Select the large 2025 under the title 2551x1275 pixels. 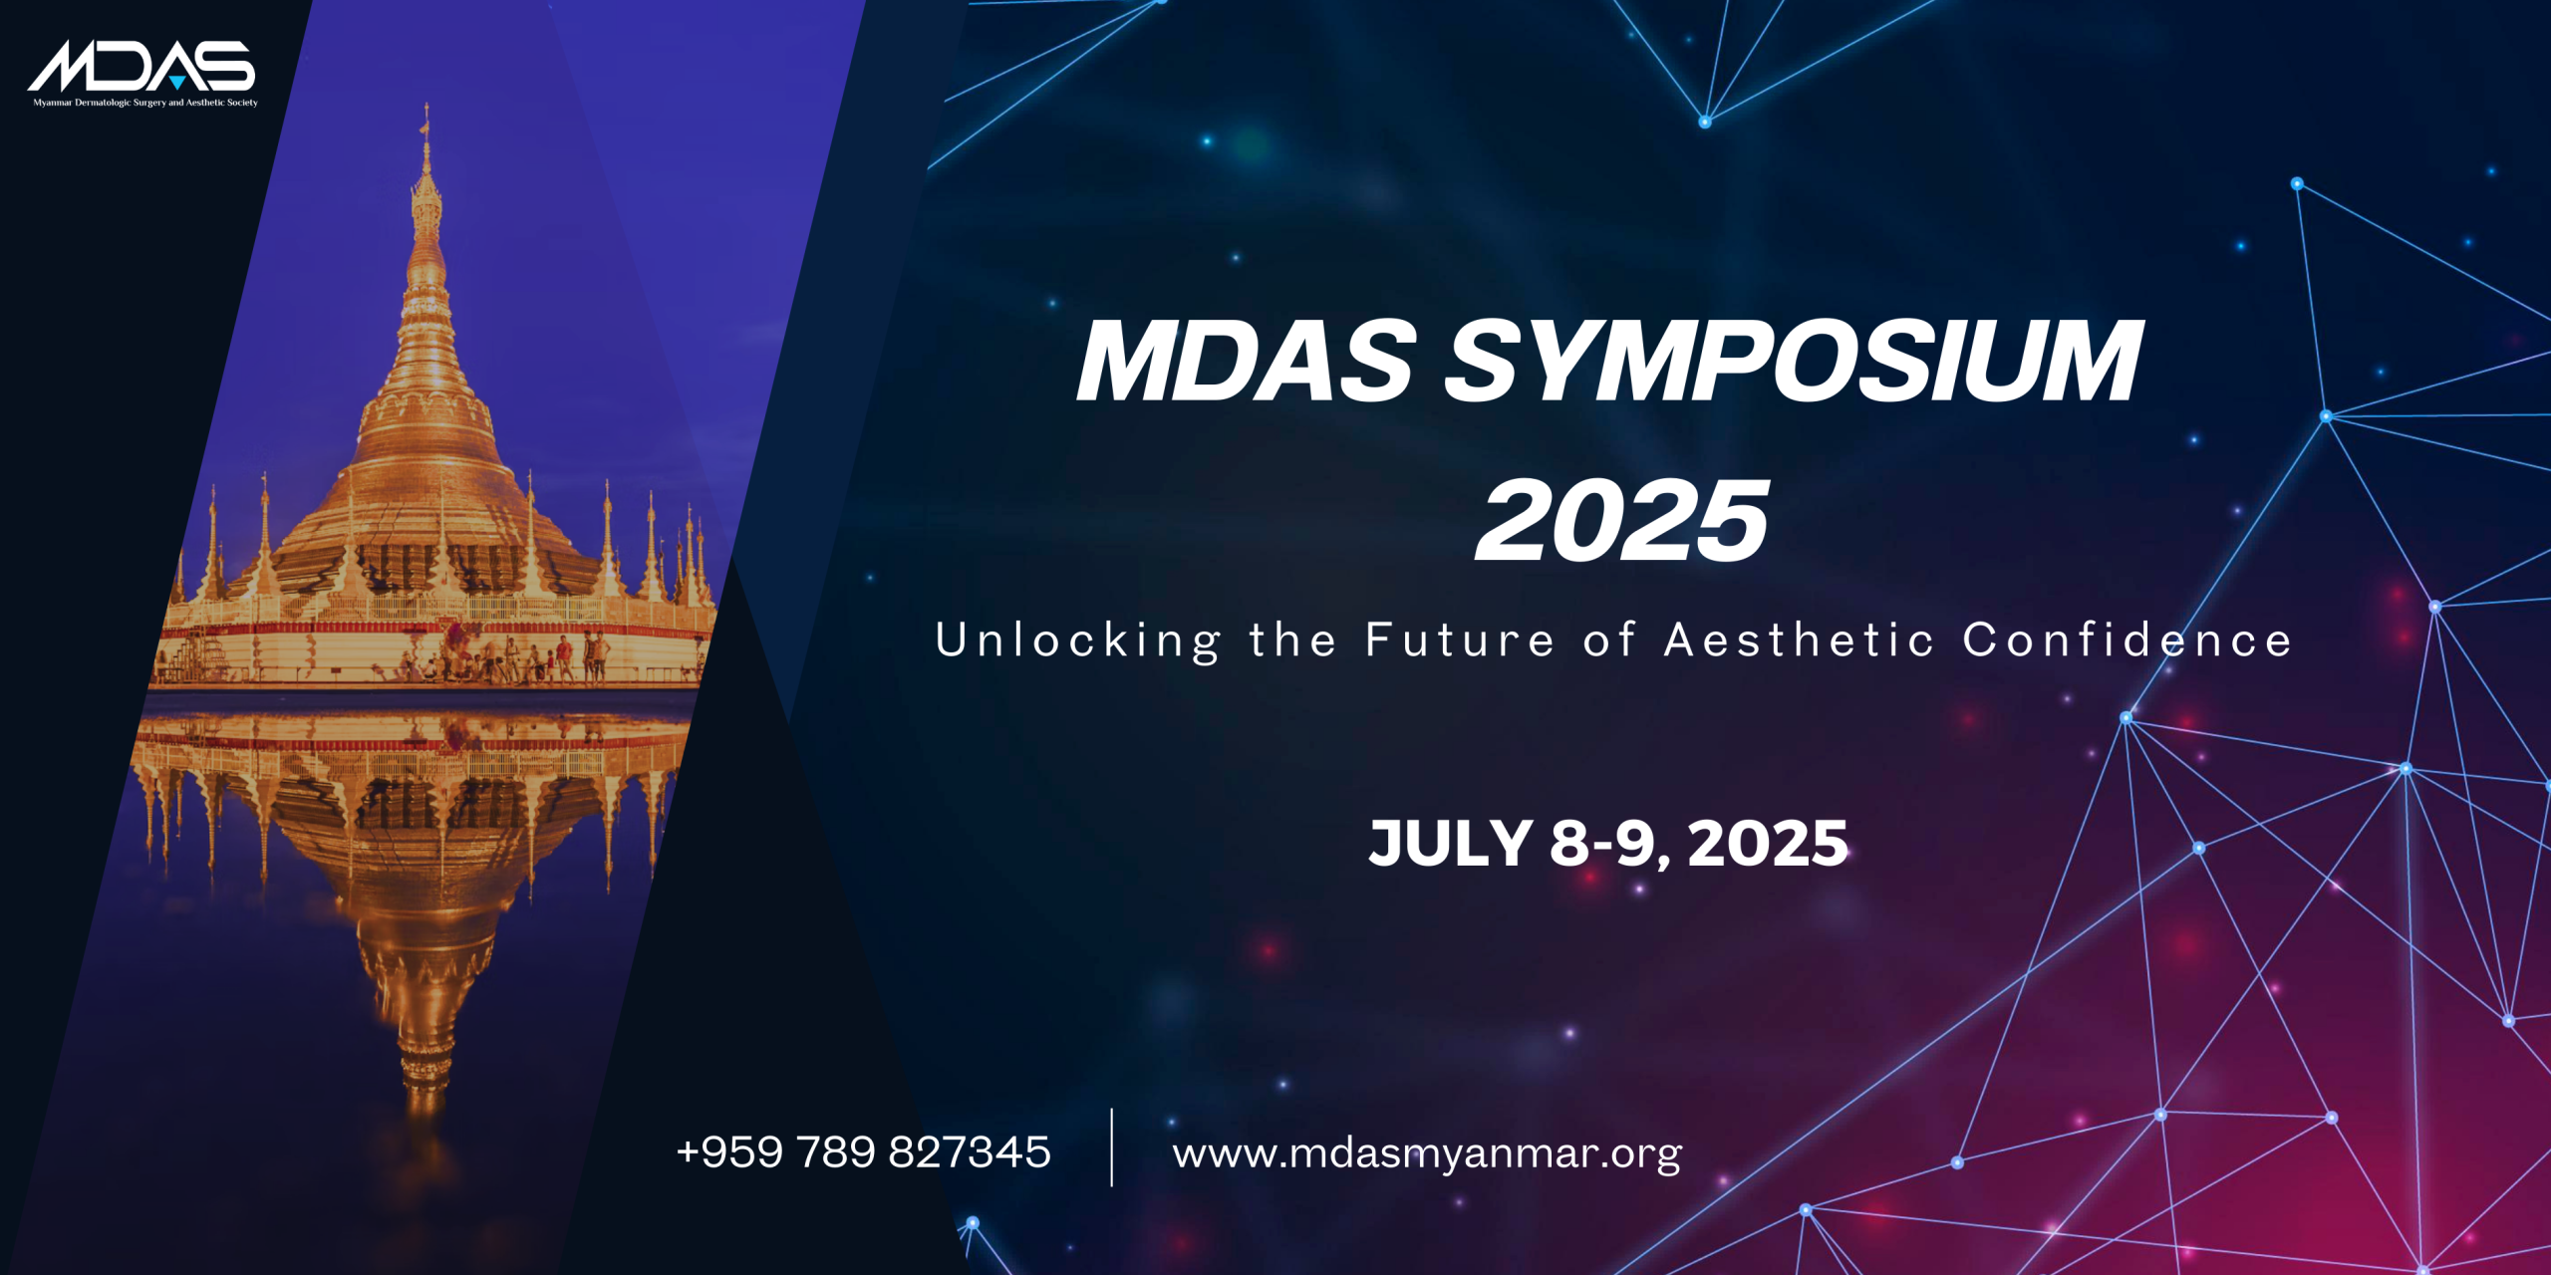[x=1622, y=520]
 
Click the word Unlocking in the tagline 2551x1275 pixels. [x=1077, y=640]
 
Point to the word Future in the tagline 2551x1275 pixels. [x=1460, y=639]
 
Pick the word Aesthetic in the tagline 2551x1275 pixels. [x=1799, y=639]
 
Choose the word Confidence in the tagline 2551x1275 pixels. [x=2127, y=639]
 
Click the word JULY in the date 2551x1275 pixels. [x=1450, y=843]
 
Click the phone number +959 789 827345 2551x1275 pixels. [x=863, y=1151]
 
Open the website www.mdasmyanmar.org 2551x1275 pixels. [x=1427, y=1153]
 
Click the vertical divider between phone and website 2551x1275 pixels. [x=1111, y=1147]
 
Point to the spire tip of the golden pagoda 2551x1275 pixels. [x=426, y=105]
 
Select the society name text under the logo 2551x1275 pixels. [x=145, y=103]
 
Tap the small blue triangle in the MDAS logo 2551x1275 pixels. [x=176, y=82]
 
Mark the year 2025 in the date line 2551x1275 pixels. [x=1768, y=843]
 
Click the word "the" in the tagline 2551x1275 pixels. [x=1292, y=639]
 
